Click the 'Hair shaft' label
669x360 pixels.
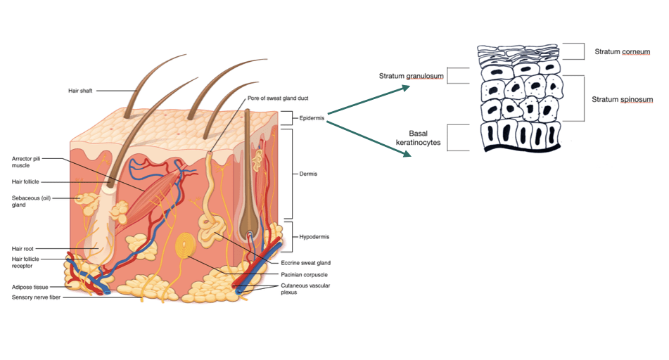coord(79,91)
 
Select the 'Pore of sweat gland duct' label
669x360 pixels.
coord(278,98)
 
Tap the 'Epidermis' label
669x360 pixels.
coord(311,118)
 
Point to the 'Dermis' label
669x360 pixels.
coord(307,173)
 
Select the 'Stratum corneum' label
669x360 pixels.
coord(622,51)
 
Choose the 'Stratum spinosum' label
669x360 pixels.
coord(622,100)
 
